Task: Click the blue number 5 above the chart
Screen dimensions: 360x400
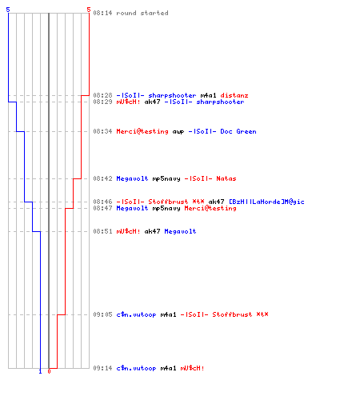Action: (x=8, y=10)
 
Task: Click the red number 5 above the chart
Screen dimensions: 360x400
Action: (x=89, y=10)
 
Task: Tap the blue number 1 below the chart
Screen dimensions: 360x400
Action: (x=40, y=371)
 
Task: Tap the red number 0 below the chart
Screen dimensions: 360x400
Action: (x=49, y=371)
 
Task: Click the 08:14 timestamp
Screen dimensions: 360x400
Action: (x=102, y=13)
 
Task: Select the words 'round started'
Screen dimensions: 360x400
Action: (x=142, y=13)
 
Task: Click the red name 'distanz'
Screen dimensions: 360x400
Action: (x=234, y=95)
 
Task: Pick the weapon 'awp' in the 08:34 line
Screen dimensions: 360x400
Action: (x=178, y=132)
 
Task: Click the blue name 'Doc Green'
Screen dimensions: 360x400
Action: (x=238, y=131)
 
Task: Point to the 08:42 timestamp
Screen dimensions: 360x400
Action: (x=102, y=178)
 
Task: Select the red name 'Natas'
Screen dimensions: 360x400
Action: (x=226, y=178)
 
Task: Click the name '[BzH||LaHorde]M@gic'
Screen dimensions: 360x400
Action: (x=266, y=202)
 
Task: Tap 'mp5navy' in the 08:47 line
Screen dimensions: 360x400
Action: (x=166, y=209)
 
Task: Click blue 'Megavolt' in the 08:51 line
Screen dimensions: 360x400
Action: (x=180, y=231)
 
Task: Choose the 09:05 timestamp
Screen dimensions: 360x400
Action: (x=102, y=314)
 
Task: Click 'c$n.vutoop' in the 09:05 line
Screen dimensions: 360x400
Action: (x=136, y=315)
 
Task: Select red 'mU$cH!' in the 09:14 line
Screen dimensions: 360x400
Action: (x=193, y=368)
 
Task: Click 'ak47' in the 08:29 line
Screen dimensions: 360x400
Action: (x=152, y=102)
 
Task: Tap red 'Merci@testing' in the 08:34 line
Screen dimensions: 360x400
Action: (x=142, y=131)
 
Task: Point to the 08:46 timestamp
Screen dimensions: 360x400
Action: (x=102, y=202)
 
